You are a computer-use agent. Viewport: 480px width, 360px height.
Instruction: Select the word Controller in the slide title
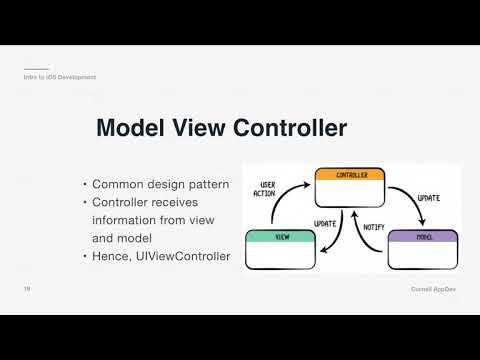click(290, 129)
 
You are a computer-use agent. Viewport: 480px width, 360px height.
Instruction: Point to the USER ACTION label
click(267, 190)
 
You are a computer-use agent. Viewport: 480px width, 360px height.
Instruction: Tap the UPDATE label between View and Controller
click(325, 222)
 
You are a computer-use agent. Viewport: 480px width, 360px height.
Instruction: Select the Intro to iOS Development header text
click(60, 77)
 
